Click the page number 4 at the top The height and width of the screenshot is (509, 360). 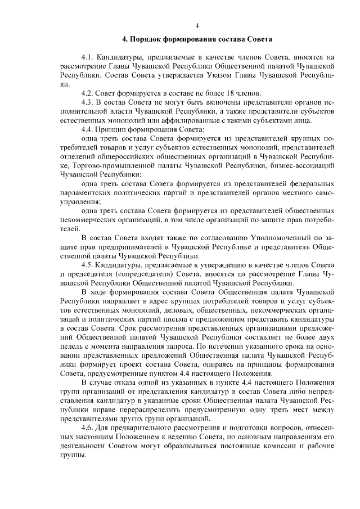click(x=197, y=25)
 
